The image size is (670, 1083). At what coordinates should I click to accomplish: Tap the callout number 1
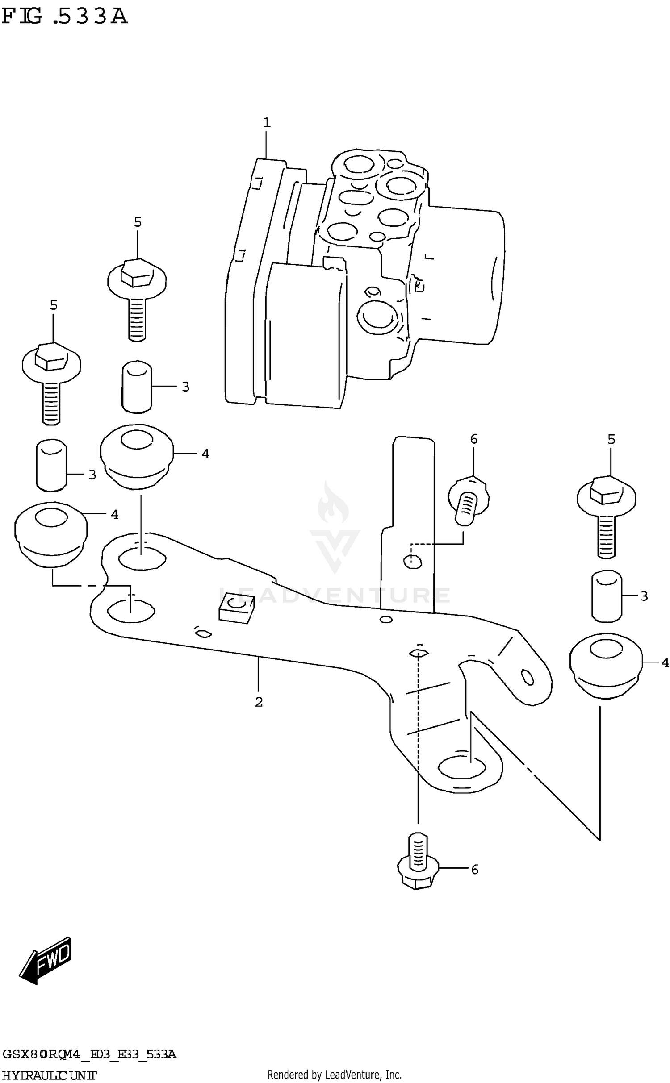(x=267, y=122)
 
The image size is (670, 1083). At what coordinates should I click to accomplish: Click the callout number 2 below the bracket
(x=259, y=702)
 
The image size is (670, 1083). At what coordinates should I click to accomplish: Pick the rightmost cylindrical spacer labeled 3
(x=607, y=596)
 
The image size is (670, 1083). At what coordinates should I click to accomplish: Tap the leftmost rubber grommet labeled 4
(x=51, y=534)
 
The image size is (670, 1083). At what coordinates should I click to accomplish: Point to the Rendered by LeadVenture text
(x=335, y=1074)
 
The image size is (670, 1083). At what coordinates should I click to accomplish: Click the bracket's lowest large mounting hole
(x=462, y=767)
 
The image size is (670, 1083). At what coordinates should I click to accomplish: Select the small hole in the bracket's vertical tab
(x=413, y=561)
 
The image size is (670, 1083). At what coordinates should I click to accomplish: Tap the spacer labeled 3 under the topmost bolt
(x=137, y=387)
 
